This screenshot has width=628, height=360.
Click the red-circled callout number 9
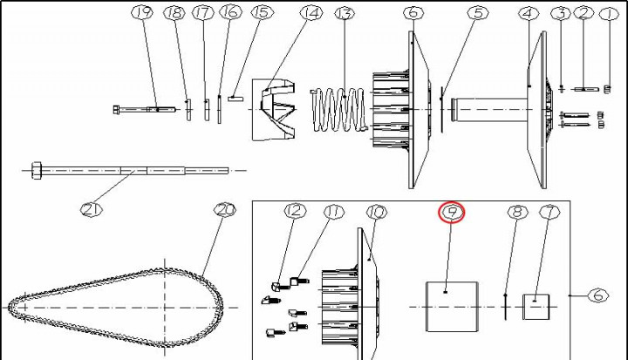point(452,212)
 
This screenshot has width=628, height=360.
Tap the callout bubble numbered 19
point(142,12)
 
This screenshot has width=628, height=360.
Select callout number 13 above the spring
point(344,14)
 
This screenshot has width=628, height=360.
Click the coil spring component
point(338,110)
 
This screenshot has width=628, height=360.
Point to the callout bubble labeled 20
point(225,210)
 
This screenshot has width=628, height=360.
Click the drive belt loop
point(115,308)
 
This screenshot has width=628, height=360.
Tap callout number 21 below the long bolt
point(92,209)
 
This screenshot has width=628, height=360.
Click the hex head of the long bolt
point(37,171)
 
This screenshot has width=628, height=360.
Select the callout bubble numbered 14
point(311,14)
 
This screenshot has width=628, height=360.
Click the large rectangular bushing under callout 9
point(452,307)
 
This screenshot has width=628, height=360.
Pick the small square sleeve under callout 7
point(536,307)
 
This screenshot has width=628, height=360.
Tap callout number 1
point(609,15)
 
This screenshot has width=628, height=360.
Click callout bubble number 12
point(295,211)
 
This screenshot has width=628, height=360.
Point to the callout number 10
point(377,212)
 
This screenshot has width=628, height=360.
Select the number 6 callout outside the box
point(598,295)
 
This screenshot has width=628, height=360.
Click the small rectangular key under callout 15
point(235,98)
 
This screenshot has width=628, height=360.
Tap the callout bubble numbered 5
point(478,13)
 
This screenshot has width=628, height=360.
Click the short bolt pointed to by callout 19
point(145,109)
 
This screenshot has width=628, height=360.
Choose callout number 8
point(517,212)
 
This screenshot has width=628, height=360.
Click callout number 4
point(529,14)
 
